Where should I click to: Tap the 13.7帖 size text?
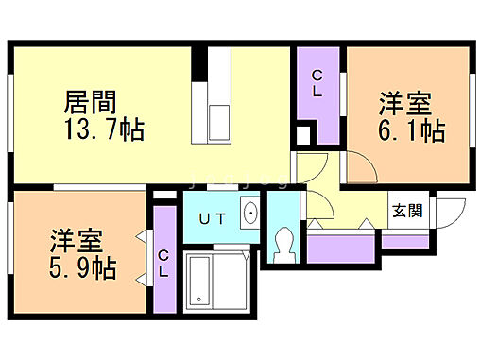[104, 129]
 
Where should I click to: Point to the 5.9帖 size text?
[83, 268]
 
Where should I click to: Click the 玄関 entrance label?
[408, 211]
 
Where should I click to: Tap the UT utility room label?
[211, 219]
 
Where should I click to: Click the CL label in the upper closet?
[317, 83]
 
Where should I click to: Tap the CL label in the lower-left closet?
[164, 262]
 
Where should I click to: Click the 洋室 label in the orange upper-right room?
[407, 101]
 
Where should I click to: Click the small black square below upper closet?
[302, 133]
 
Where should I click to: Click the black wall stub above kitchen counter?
[199, 63]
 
